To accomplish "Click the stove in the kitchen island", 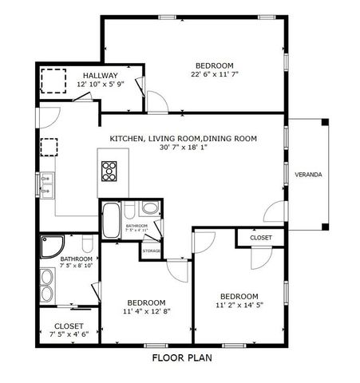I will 109,171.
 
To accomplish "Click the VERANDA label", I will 308,174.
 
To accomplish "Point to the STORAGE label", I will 151,251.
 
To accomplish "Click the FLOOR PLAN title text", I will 181,358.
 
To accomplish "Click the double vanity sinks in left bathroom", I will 46,286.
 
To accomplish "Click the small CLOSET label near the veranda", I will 260,238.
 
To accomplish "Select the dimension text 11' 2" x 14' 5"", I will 239,304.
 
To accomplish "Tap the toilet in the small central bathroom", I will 149,210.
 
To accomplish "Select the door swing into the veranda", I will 275,213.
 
